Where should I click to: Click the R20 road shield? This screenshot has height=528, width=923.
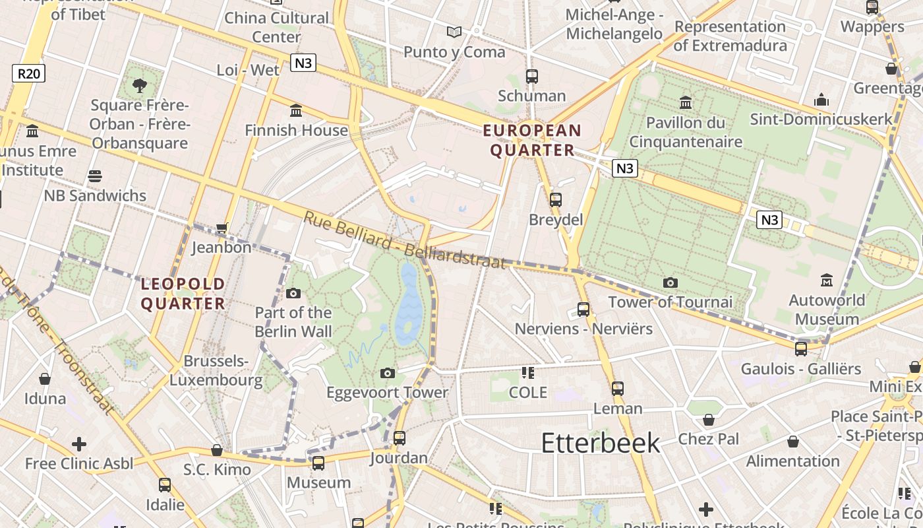point(28,73)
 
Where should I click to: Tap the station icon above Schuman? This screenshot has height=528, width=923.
point(532,77)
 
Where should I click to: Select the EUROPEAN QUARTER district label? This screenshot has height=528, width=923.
point(533,140)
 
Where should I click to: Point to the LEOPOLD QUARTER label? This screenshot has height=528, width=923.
point(183,294)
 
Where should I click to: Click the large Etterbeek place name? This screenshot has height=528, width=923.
point(600,443)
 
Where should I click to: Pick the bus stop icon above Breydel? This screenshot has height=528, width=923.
point(556,199)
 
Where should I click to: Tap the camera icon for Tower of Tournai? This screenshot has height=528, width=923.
point(670,283)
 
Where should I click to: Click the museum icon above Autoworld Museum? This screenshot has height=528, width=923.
point(827,280)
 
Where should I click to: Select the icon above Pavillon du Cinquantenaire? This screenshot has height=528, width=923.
point(686,103)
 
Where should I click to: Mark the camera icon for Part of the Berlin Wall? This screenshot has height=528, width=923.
point(293,293)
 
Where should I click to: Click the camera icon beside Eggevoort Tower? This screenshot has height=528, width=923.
point(388,374)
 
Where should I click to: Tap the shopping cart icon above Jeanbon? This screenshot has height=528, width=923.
point(222,228)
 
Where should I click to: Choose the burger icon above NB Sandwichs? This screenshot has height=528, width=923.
point(95,176)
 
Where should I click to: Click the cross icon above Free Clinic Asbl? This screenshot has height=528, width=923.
point(79,444)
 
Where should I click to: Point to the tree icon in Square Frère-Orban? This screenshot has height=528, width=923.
point(139,85)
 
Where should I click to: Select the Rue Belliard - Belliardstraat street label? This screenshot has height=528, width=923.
point(404,240)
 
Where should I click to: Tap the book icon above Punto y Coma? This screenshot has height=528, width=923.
point(454,32)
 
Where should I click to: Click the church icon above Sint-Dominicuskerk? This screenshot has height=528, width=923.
point(821,100)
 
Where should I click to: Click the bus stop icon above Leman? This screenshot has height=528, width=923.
point(617,389)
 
